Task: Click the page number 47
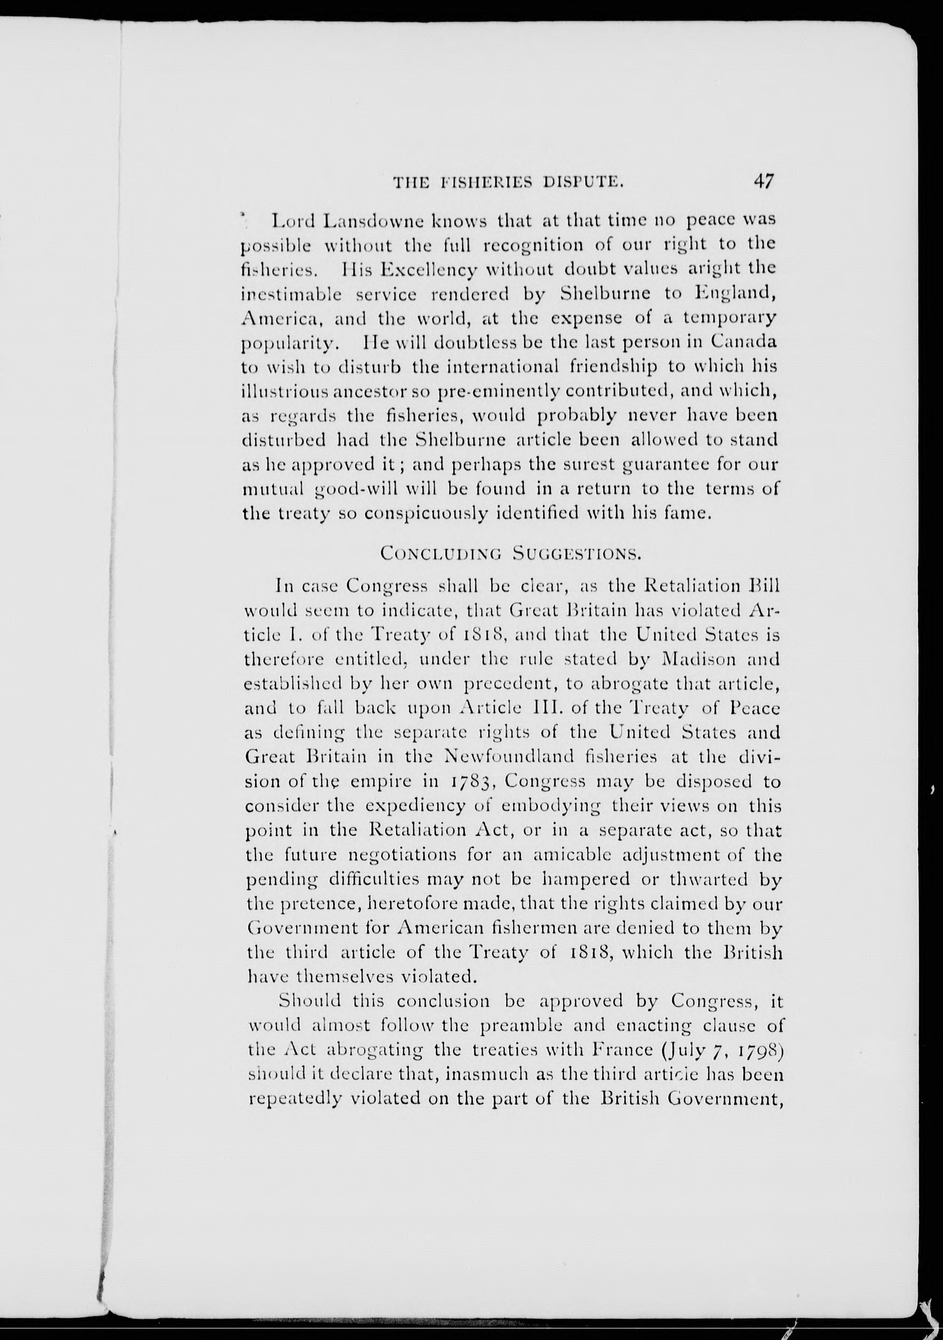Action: [x=764, y=181]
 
